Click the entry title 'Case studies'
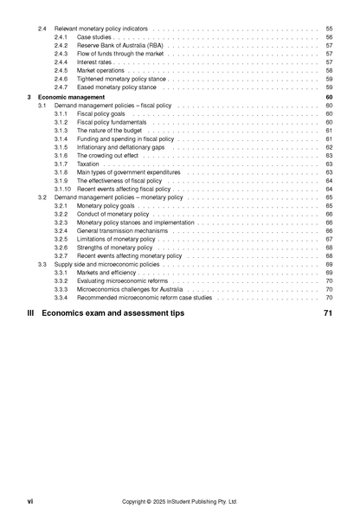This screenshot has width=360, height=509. [95, 37]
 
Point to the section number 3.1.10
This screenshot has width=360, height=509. [63, 189]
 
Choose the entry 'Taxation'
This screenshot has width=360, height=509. [88, 164]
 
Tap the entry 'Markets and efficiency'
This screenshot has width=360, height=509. [107, 273]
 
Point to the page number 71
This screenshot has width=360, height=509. [327, 312]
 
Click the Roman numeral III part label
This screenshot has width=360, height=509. [32, 312]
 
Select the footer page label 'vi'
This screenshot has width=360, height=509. [29, 500]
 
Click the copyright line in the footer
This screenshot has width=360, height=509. [179, 500]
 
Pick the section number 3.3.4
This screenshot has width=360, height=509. [61, 298]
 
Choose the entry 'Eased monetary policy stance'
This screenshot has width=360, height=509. [117, 87]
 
